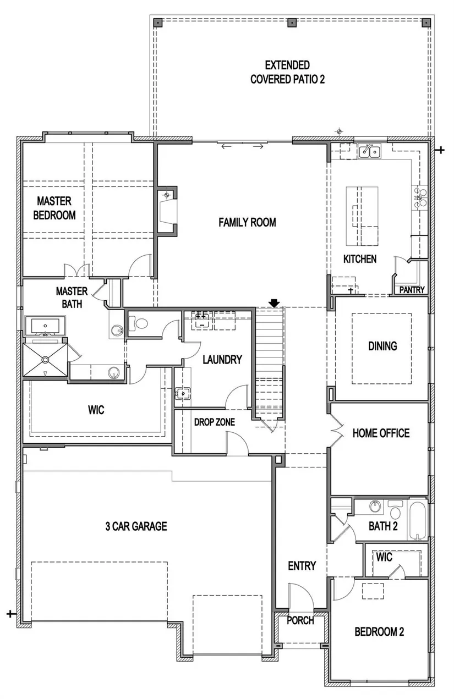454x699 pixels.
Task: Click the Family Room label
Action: coord(247,223)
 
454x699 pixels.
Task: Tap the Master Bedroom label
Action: coord(54,208)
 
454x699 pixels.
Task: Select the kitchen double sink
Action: coord(369,151)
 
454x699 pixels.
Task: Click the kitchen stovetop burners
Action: coord(420,197)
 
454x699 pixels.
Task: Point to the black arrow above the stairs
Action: coord(274,303)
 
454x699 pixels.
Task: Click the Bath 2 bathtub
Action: coord(418,520)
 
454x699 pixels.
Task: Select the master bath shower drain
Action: coord(45,360)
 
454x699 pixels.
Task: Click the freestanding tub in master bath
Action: coord(45,326)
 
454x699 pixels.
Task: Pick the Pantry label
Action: coord(412,290)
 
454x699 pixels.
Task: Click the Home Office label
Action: coord(381,433)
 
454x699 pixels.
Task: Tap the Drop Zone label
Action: coord(215,422)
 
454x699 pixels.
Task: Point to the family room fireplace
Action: coord(167,210)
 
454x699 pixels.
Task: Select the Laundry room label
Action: coord(222,360)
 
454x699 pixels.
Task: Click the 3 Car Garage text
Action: coord(136,526)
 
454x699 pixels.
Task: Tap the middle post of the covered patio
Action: coord(292,23)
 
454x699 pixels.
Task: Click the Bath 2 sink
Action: coord(374,506)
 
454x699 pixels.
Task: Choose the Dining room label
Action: coord(382,346)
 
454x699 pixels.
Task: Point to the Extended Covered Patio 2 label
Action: coord(287,73)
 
